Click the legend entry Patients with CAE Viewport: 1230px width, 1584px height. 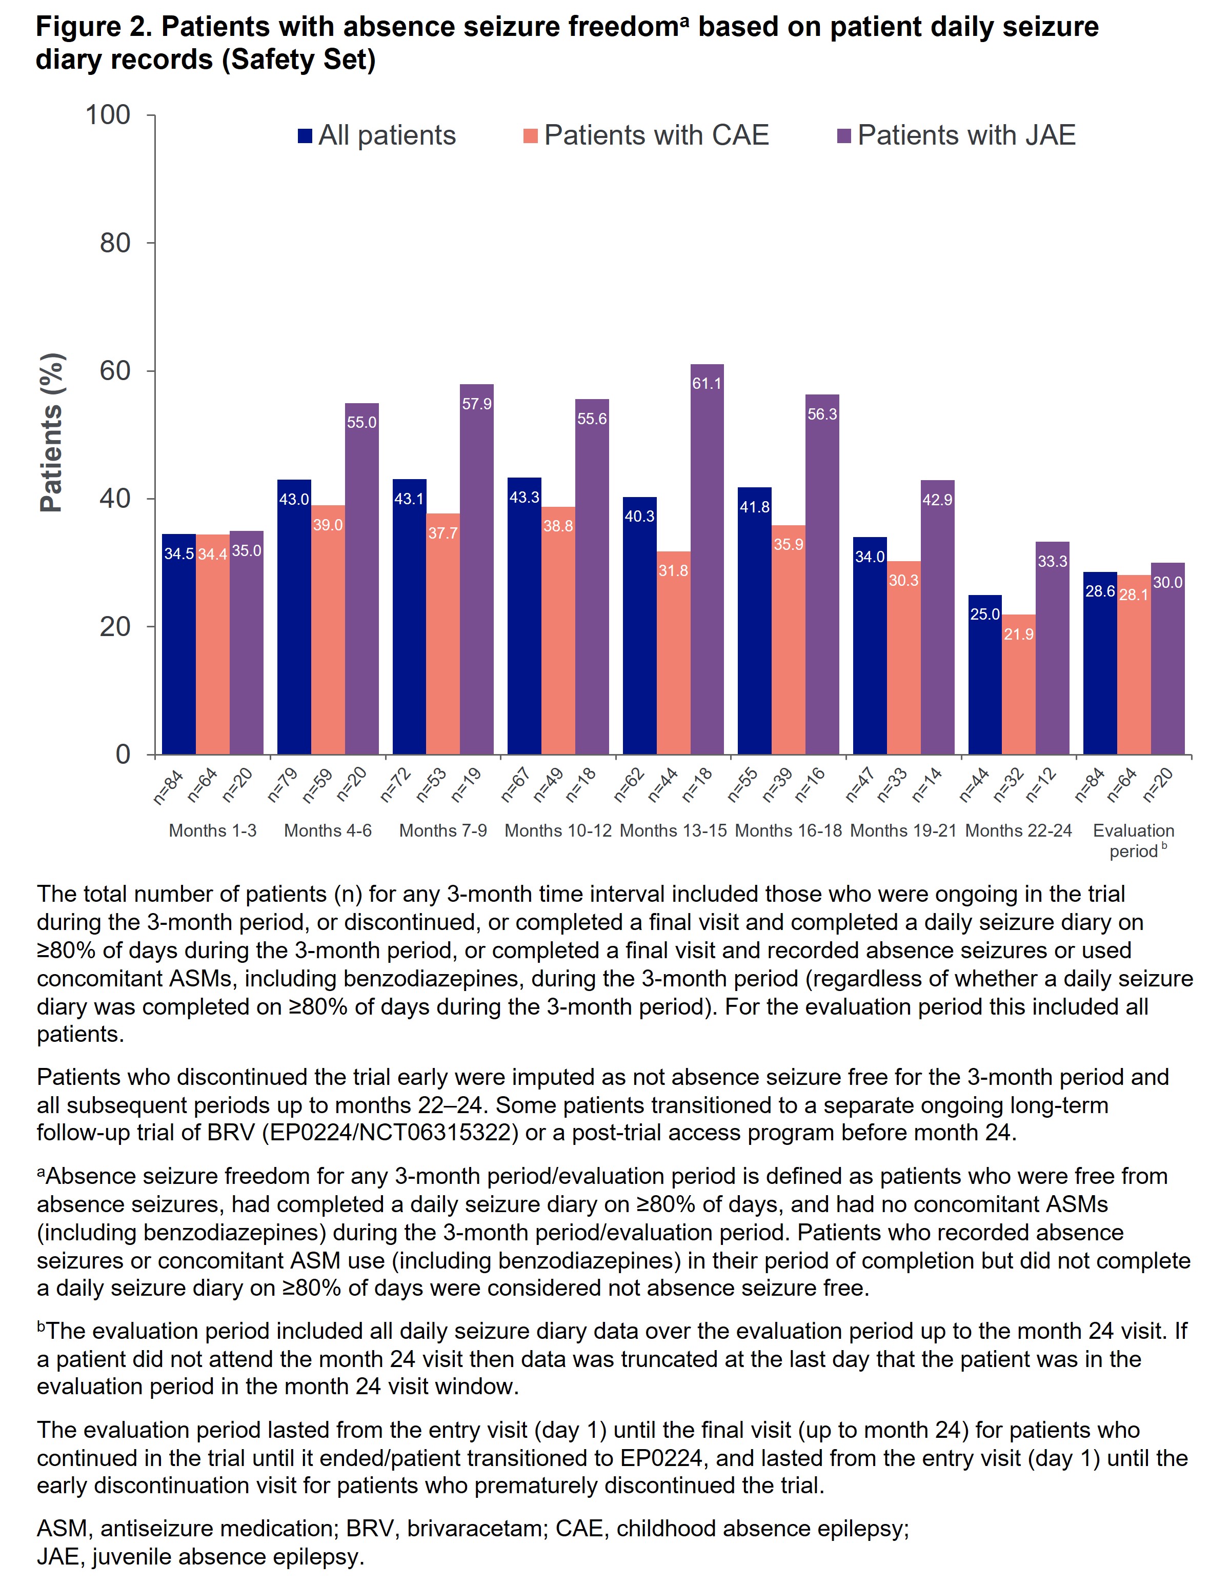[x=646, y=135]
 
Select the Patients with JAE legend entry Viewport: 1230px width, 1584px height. [x=956, y=135]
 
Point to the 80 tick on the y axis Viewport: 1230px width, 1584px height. [x=115, y=243]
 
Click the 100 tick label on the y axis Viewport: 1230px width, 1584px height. [x=108, y=114]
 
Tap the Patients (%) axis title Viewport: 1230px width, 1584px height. [x=51, y=433]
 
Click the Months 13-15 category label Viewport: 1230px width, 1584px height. [x=673, y=830]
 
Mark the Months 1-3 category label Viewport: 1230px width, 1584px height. [x=212, y=830]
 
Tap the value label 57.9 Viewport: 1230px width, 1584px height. [x=477, y=404]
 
